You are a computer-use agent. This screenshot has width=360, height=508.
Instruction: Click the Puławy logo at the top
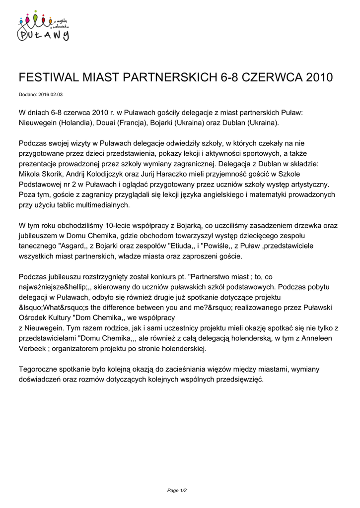coord(44,27)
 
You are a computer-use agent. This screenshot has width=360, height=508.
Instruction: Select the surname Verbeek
coord(34,348)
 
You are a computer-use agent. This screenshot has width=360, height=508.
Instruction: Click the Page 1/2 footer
coord(177,491)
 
